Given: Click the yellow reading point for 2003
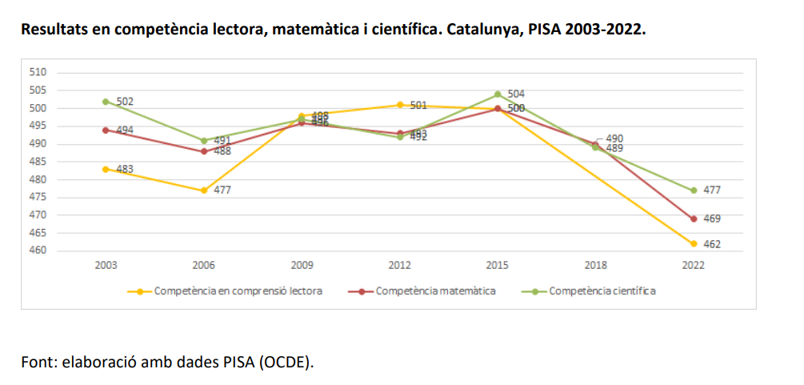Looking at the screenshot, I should pyautogui.click(x=106, y=169).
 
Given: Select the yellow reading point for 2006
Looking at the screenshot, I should pyautogui.click(x=204, y=190).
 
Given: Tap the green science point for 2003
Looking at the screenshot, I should pyautogui.click(x=106, y=102).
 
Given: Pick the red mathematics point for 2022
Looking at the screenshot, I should pyautogui.click(x=694, y=219).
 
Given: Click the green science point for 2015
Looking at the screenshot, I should pyautogui.click(x=498, y=94).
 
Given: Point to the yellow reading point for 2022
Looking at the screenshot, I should pyautogui.click(x=694, y=243).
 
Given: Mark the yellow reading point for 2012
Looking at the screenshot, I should pyautogui.click(x=400, y=105).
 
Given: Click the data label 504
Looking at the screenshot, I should pyautogui.click(x=516, y=94).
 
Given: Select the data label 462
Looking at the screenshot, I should pyautogui.click(x=712, y=244).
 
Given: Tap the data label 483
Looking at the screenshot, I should pyautogui.click(x=125, y=169).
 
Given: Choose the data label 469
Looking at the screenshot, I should pyautogui.click(x=712, y=219).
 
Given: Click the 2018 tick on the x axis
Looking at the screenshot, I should pyautogui.click(x=596, y=265).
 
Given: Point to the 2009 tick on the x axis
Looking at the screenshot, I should pyautogui.click(x=302, y=265).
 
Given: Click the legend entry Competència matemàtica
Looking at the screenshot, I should pyautogui.click(x=435, y=291).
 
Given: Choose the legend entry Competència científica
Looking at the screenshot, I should pyautogui.click(x=602, y=291).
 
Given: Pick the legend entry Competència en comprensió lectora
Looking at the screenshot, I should pyautogui.click(x=238, y=291).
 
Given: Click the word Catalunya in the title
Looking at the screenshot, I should pyautogui.click(x=482, y=30).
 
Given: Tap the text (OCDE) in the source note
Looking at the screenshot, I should pyautogui.click(x=286, y=361).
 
